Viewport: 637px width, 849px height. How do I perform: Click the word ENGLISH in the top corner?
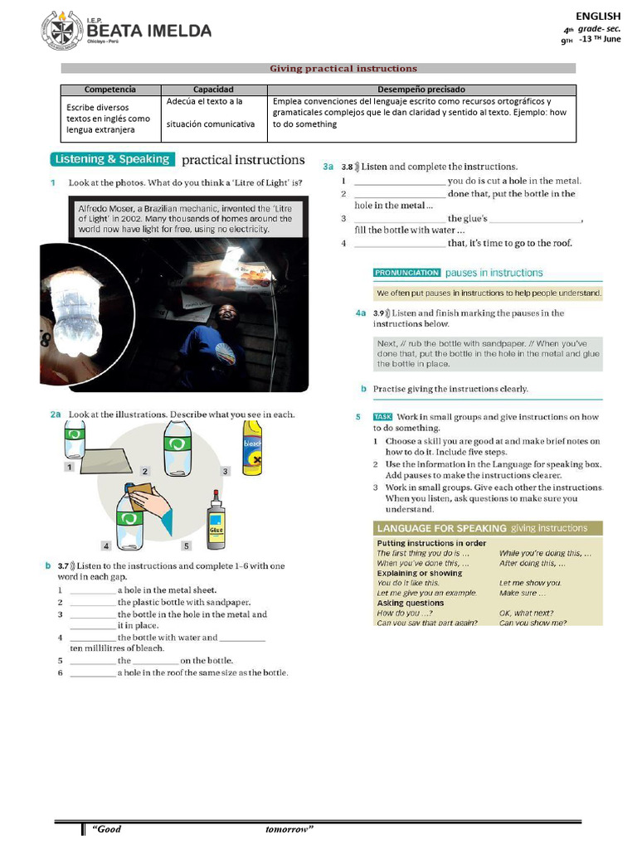point(598,16)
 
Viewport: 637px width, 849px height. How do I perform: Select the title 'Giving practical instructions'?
point(343,69)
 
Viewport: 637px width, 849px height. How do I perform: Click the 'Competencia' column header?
point(110,90)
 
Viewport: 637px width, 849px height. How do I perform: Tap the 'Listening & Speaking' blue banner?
point(111,159)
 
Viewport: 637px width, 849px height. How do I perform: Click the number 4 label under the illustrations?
point(106,546)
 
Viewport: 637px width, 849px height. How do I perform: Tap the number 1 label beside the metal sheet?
point(70,468)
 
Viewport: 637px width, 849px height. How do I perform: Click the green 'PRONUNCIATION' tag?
point(406,273)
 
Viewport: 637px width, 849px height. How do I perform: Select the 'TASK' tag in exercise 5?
point(382,417)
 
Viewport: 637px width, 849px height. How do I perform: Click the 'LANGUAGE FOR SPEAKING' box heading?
point(441,528)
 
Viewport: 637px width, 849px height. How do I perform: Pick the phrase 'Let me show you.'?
point(530,583)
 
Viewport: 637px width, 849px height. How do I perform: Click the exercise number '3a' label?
point(328,167)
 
